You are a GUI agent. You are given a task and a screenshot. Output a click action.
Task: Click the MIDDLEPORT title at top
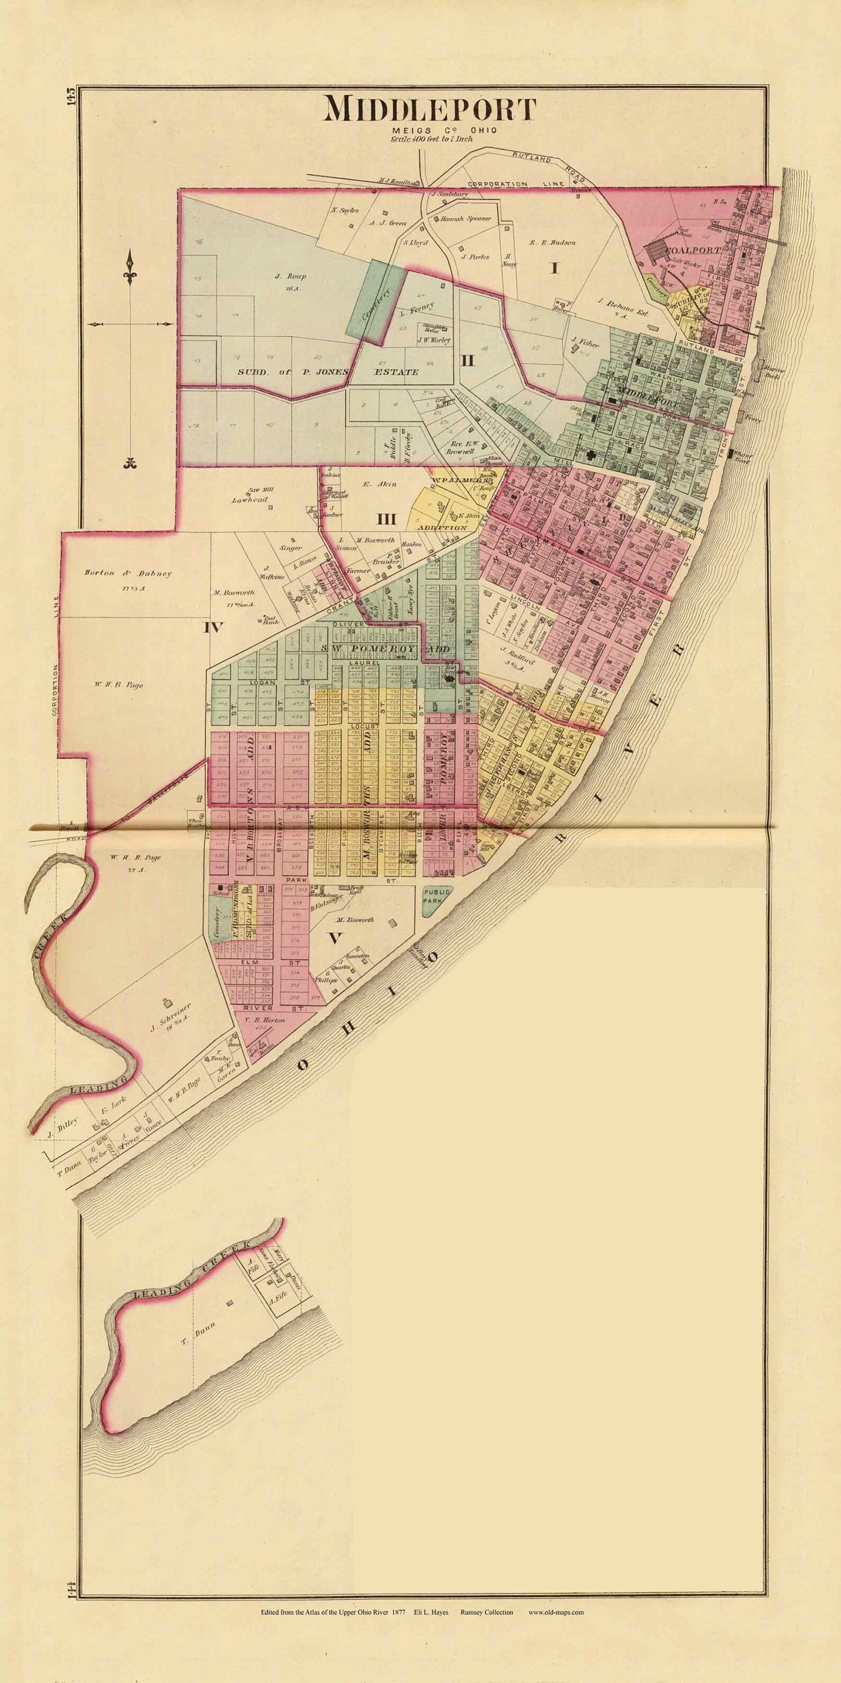(x=430, y=109)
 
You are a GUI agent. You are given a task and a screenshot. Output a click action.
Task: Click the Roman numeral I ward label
(x=555, y=267)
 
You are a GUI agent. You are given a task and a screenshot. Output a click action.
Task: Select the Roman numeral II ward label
(x=467, y=359)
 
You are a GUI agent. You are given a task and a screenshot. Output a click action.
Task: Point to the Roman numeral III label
(x=386, y=519)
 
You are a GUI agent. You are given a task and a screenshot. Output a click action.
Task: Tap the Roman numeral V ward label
(x=334, y=938)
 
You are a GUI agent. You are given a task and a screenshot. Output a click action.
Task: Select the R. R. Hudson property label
(x=552, y=242)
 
